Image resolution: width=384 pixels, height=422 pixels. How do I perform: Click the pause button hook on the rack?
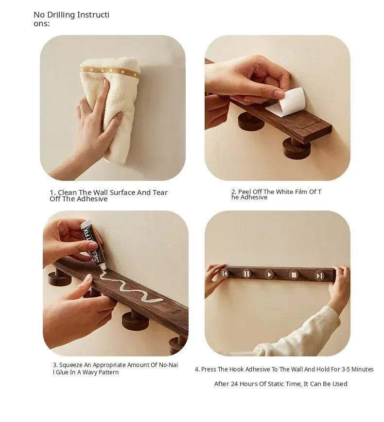(x=246, y=274)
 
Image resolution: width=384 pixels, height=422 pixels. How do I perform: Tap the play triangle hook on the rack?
(x=269, y=275)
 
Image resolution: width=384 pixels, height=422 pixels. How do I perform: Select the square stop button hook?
(x=294, y=275)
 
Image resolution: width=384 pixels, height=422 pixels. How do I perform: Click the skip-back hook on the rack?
(x=225, y=274)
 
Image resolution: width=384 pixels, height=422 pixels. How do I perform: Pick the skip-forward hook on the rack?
(x=320, y=276)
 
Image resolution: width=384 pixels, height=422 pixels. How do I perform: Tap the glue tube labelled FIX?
(x=93, y=243)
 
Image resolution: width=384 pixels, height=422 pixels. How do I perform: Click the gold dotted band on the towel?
(x=110, y=71)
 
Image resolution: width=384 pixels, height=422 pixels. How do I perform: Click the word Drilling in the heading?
(x=61, y=15)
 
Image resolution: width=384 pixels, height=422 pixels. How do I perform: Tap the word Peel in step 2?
(x=244, y=192)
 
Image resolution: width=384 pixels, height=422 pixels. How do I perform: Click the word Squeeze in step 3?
(x=71, y=365)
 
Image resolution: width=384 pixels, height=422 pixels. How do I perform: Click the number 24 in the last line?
(x=234, y=384)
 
